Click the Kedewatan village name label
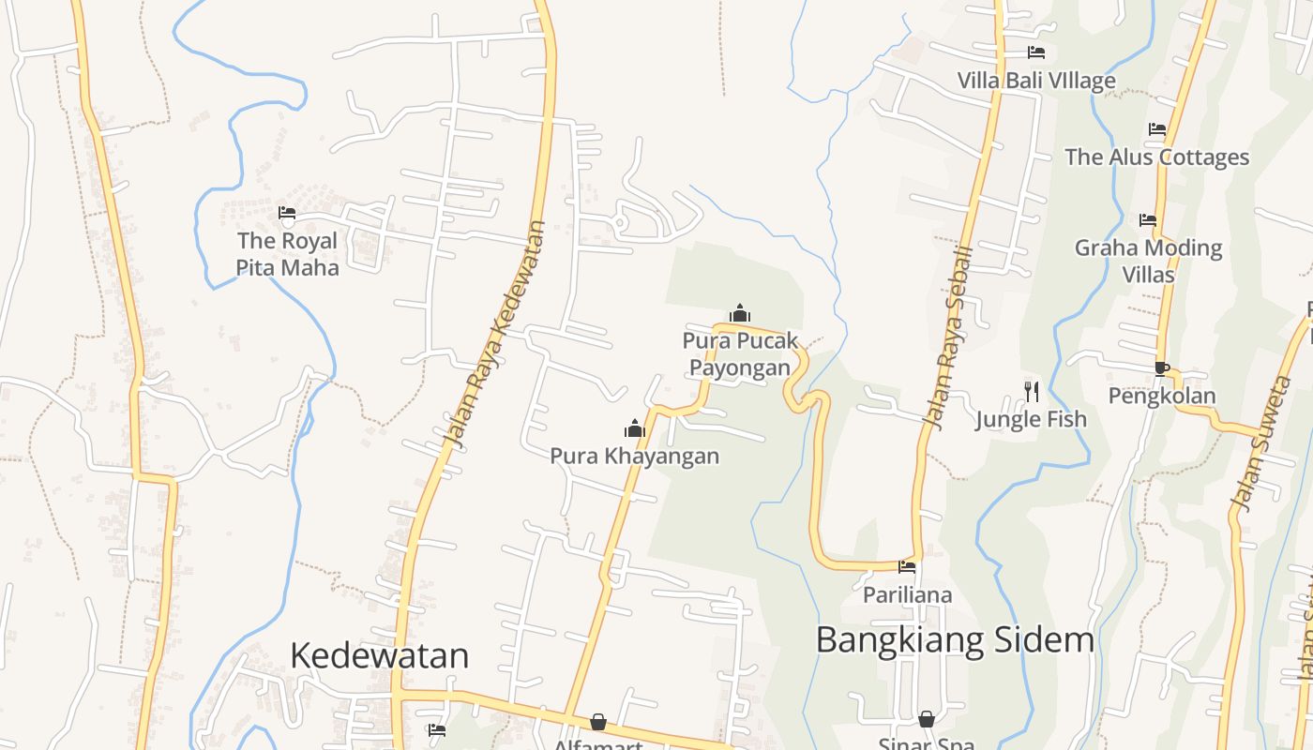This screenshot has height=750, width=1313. click(379, 654)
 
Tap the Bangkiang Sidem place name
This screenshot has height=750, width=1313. click(955, 639)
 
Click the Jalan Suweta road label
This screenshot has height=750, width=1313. click(1261, 444)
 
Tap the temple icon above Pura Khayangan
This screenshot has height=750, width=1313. click(635, 429)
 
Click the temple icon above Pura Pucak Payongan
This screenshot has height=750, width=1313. click(740, 313)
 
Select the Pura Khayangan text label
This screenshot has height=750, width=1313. click(634, 457)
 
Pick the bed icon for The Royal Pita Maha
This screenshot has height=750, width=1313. click(287, 214)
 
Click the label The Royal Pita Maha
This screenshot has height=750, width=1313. click(287, 254)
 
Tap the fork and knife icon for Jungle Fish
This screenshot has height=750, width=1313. click(1032, 391)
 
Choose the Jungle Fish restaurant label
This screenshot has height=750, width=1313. click(1031, 419)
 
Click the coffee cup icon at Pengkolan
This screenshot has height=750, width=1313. click(1161, 368)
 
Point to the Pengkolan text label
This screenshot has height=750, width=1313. click(1162, 396)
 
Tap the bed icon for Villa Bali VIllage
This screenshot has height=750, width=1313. click(1035, 52)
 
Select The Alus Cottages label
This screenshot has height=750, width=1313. click(1156, 157)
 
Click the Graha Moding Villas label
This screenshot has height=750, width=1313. click(1148, 261)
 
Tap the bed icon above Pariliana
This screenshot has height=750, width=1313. click(907, 566)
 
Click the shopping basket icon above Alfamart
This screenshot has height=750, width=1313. click(598, 722)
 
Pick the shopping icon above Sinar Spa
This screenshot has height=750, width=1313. click(927, 719)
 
